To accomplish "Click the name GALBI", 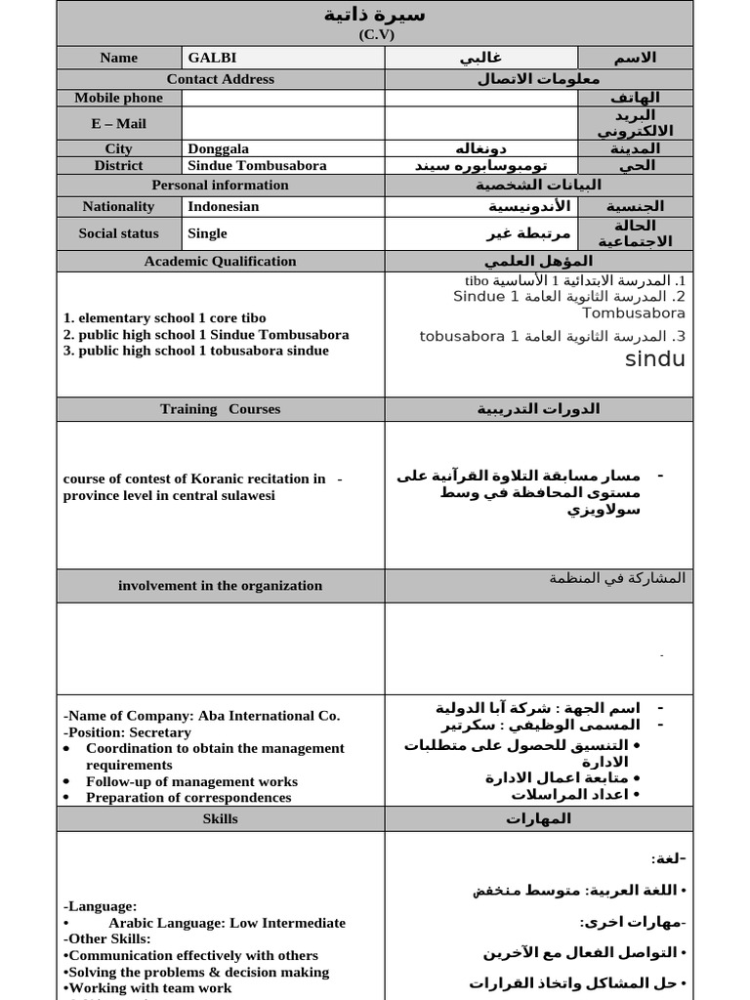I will point(210,58).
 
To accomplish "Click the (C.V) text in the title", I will point(375,34).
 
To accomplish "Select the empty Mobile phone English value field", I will point(283,98).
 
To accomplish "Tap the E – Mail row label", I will point(119,123).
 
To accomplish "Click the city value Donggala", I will point(219,148).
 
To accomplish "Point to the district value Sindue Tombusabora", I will point(257,165).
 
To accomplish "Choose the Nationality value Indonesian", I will point(224,206).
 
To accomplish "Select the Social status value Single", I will point(207,233).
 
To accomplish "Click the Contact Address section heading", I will point(221,79).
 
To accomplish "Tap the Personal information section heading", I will point(221,185).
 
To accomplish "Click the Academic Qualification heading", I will point(221,261).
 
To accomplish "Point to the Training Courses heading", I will point(221,409).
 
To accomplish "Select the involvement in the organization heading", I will point(221,586).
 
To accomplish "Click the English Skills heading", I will point(221,818).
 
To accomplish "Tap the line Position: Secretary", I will point(123,731).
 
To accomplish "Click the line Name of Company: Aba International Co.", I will point(201,716).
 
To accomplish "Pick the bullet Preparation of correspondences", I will point(188,797).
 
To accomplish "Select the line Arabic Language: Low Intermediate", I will point(227,923).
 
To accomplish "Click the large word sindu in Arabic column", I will point(654,359).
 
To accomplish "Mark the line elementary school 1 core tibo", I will point(164,318).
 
